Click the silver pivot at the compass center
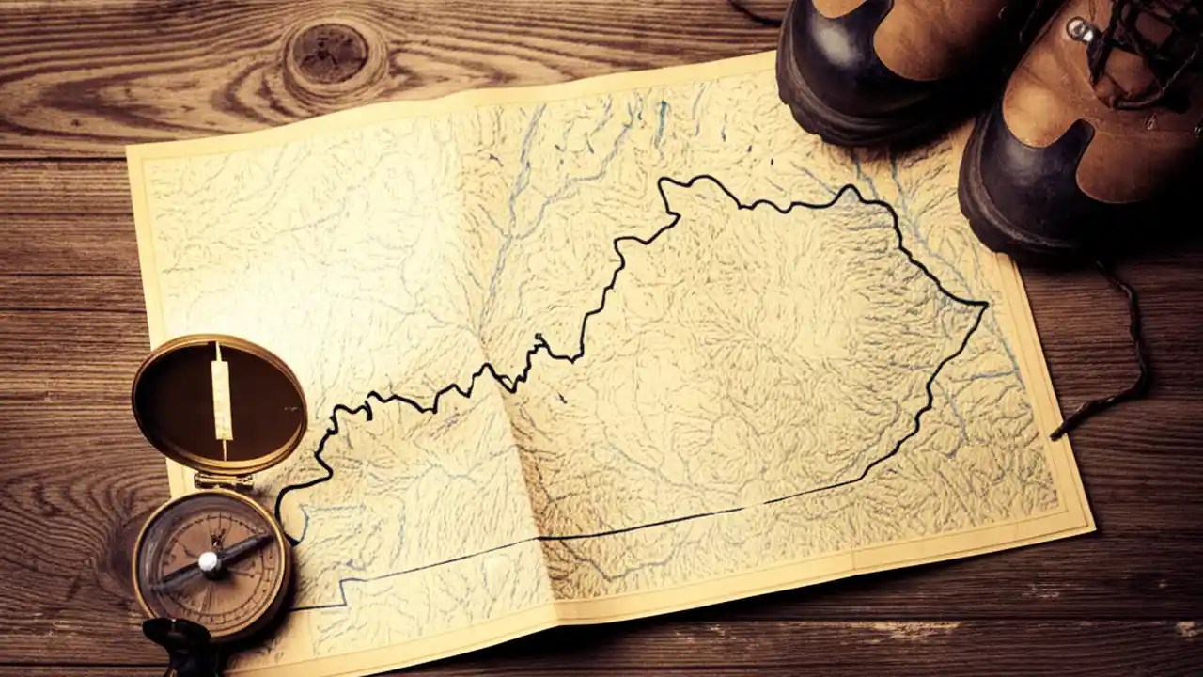pyautogui.click(x=210, y=562)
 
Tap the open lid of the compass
pyautogui.click(x=218, y=404)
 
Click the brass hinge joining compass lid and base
pyautogui.click(x=223, y=480)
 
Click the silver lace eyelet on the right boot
pyautogui.click(x=1082, y=30)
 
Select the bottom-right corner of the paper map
pyautogui.click(x=1092, y=527)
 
